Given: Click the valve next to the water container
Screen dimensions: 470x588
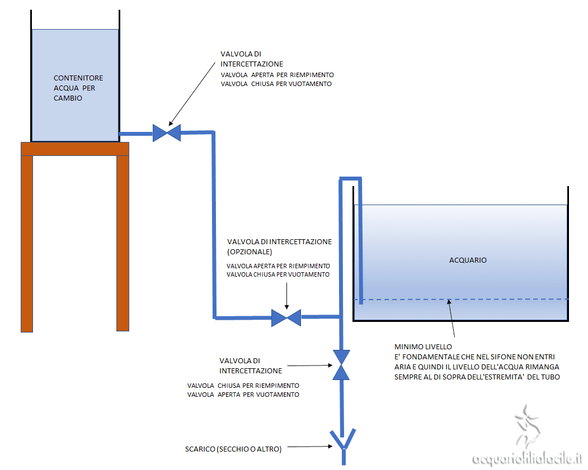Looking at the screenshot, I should (x=167, y=133).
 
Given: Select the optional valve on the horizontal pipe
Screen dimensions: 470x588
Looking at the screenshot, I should (x=286, y=318).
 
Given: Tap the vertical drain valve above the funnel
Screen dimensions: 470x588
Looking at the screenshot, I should (x=341, y=365).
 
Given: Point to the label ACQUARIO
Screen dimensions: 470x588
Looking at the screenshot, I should (x=468, y=260).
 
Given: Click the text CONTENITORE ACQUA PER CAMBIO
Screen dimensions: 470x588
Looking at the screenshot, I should (x=78, y=88).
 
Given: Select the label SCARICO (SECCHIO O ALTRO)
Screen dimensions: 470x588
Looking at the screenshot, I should (x=233, y=448).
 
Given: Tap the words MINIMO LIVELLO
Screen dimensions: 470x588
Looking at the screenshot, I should (x=419, y=347).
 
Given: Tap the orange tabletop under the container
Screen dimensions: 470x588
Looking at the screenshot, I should (x=75, y=149).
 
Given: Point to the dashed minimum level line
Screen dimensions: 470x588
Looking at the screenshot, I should (x=504, y=300).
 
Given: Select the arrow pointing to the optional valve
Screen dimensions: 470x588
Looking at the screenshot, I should (x=286, y=296).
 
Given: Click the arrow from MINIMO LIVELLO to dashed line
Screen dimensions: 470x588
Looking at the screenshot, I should (x=450, y=318).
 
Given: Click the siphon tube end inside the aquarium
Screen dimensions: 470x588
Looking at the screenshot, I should (x=361, y=301).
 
